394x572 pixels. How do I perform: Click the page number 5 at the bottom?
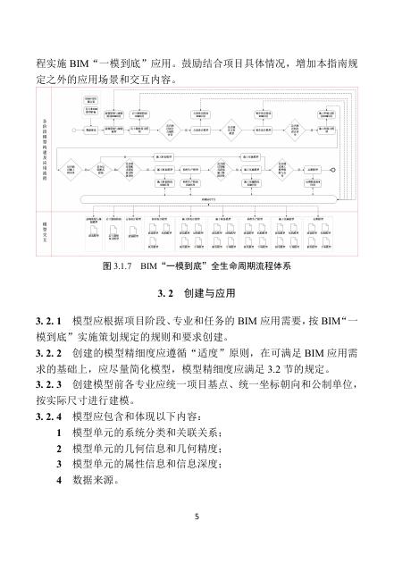click(x=197, y=516)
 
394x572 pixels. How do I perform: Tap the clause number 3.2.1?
click(x=46, y=320)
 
